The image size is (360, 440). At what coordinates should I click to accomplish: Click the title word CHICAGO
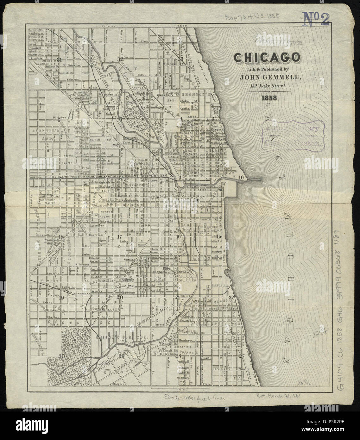(x=267, y=58)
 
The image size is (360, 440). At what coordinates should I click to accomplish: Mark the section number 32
(x=120, y=59)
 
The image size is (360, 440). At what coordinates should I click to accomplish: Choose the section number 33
(x=180, y=59)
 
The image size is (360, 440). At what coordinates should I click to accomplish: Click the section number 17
(x=119, y=236)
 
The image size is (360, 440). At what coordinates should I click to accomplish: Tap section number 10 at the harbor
(x=241, y=178)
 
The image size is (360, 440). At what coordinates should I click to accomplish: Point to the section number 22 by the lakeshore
(x=232, y=297)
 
